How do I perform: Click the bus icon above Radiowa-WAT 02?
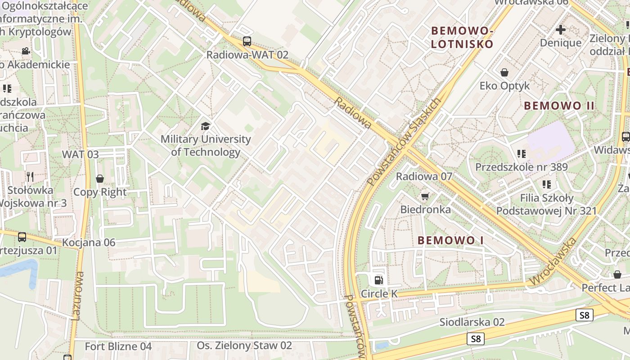pyautogui.click(x=247, y=41)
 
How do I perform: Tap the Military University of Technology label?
pyautogui.click(x=206, y=145)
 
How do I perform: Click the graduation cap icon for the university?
pyautogui.click(x=206, y=126)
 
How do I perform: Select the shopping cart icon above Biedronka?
pyautogui.click(x=425, y=196)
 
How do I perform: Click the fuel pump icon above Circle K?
pyautogui.click(x=379, y=280)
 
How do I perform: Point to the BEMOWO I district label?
pyautogui.click(x=450, y=240)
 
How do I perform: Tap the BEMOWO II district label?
pyautogui.click(x=559, y=106)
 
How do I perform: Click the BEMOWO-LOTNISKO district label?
pyautogui.click(x=462, y=37)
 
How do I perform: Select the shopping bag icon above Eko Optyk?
pyautogui.click(x=504, y=72)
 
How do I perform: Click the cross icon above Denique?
pyautogui.click(x=561, y=30)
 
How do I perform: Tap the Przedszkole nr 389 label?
pyautogui.click(x=522, y=167)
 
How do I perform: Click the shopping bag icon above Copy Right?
pyautogui.click(x=100, y=179)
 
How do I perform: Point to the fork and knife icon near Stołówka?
pyautogui.click(x=30, y=176)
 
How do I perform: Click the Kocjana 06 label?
pyautogui.click(x=89, y=243)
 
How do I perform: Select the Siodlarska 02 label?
pyautogui.click(x=472, y=322)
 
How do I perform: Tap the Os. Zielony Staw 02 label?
pyautogui.click(x=244, y=346)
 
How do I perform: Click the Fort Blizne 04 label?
pyautogui.click(x=118, y=346)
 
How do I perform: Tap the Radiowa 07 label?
pyautogui.click(x=423, y=176)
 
